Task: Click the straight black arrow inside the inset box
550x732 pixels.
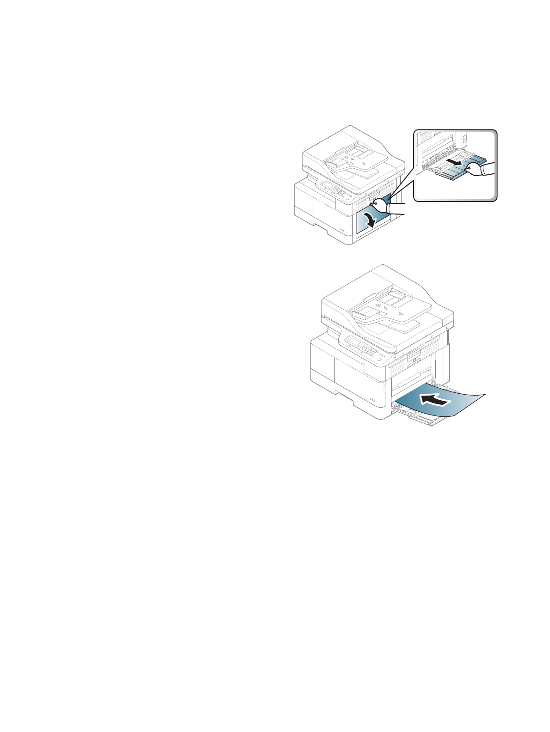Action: click(457, 163)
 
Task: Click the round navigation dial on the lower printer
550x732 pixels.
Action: click(365, 348)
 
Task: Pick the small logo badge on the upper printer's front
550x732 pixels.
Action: click(343, 230)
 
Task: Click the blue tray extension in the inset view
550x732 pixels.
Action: click(472, 162)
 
